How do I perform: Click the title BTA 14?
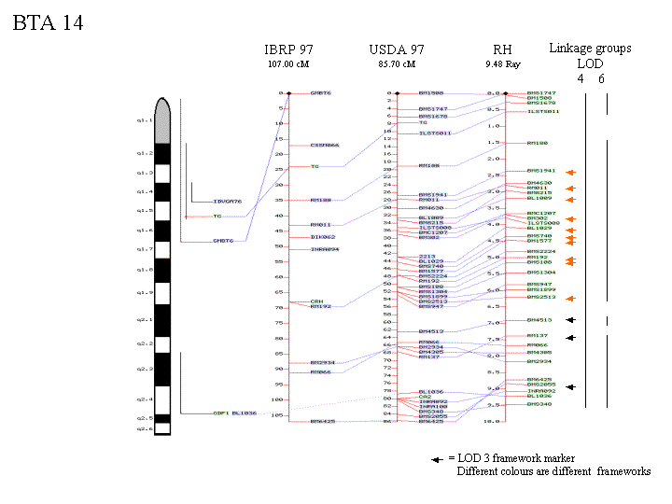pos(48,23)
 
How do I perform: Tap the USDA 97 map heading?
pos(397,49)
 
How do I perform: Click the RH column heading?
pos(502,49)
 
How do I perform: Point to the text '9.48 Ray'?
pos(502,64)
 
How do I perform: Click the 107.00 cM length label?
pos(287,64)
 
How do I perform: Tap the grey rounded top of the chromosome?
pos(161,119)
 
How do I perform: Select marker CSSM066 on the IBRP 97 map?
pos(325,146)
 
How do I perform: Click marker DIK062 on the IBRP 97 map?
pos(323,237)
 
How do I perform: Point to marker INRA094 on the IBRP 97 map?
pos(325,249)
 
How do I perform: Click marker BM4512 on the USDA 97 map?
pos(430,330)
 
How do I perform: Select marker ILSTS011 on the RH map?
pos(543,111)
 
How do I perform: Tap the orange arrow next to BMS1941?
pos(568,172)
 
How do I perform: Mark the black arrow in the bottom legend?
pos(436,459)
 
